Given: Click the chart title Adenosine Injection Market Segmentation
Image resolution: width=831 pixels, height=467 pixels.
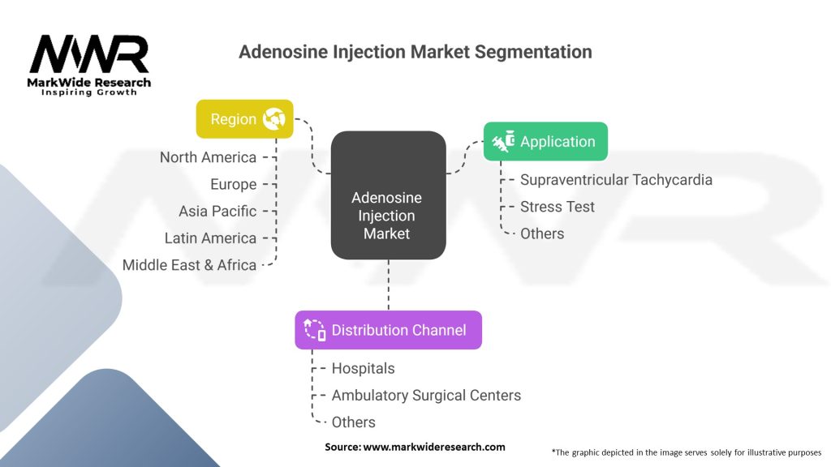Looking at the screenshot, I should click(415, 52).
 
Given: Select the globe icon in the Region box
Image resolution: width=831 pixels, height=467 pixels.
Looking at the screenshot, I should click(273, 119).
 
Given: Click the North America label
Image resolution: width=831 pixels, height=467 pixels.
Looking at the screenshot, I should click(208, 157).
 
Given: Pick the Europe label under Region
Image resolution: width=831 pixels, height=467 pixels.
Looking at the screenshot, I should click(233, 184).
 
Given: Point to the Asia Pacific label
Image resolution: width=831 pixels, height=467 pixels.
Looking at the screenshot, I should click(217, 211).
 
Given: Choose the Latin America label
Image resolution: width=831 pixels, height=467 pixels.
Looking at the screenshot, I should click(210, 238).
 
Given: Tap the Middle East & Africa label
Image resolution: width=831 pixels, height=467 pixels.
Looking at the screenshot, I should click(189, 264).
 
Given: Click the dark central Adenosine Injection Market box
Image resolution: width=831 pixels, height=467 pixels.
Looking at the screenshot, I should click(388, 215).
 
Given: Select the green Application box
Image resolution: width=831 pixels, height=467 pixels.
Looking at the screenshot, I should click(545, 142).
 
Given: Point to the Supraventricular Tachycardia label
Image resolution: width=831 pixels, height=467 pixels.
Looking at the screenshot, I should click(616, 179).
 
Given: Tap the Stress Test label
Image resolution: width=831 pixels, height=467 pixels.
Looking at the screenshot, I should click(558, 206).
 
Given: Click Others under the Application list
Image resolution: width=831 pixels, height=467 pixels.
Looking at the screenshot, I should click(542, 233).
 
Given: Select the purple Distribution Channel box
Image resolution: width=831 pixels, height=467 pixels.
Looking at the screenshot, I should click(388, 330).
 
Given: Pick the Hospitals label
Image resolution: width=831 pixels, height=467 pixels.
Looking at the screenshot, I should click(363, 368).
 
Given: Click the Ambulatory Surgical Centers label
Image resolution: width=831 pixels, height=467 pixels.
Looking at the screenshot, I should click(426, 395).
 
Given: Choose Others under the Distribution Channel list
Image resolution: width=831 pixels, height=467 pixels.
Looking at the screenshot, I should click(353, 422).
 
